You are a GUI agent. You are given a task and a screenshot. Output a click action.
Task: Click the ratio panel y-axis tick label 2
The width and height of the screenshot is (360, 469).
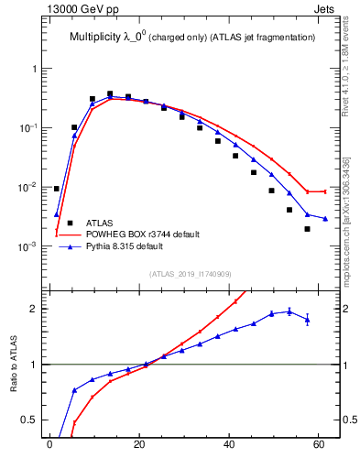pos(32,309)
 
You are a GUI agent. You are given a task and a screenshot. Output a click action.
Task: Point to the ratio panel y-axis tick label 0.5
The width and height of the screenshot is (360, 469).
pos(28,420)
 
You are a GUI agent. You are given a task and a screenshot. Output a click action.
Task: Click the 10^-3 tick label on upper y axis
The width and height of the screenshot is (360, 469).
pos(26,246)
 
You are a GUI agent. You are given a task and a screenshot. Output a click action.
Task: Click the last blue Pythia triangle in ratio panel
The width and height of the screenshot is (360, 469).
pos(307,319)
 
